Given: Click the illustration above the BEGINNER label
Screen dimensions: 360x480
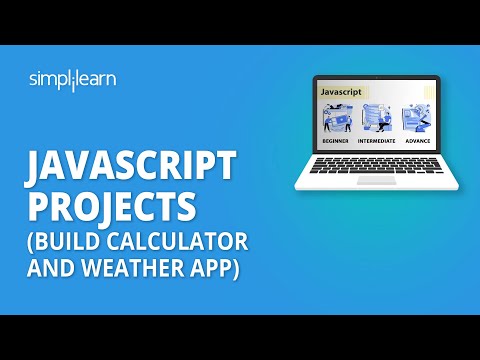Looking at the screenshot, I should [337, 120].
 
